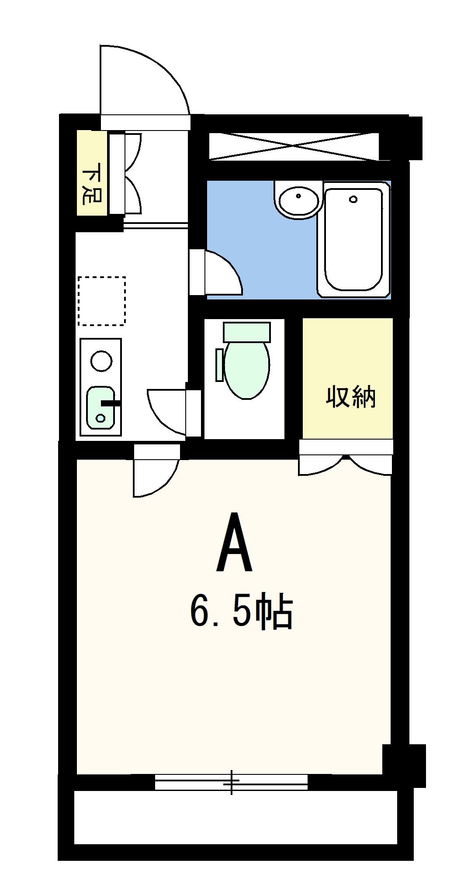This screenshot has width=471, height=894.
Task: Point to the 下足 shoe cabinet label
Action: [x=92, y=183]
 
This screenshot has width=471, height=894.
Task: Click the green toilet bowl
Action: [x=246, y=369]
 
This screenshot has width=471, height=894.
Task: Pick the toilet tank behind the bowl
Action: [x=247, y=332]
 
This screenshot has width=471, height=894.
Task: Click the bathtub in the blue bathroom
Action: [x=353, y=240]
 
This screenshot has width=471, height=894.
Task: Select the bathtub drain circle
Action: [x=353, y=199]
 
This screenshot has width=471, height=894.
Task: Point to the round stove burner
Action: [x=101, y=361]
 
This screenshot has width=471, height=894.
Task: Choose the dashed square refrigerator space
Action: [x=102, y=301]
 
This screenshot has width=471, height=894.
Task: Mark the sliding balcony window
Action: [x=231, y=781]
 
